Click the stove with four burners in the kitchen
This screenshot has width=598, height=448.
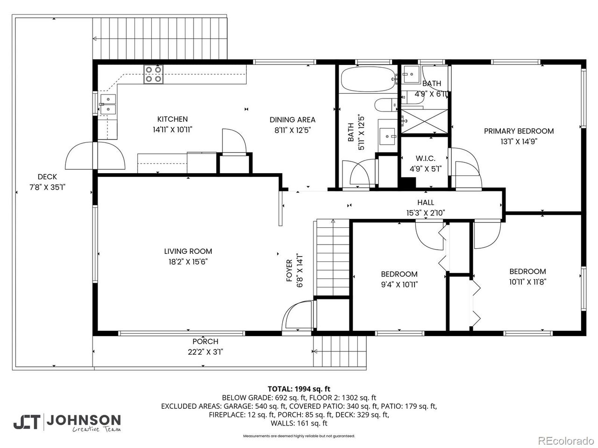point(154,74)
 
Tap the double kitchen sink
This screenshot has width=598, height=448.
point(108,104)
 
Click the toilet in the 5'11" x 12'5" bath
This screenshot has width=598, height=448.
point(386,106)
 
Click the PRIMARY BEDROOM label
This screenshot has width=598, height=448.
point(519,131)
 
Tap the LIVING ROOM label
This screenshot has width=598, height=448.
point(188,251)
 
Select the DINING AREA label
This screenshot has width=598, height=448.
point(292,119)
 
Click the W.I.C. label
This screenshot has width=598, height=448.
point(425,159)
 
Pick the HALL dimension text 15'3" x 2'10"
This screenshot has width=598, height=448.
point(425,213)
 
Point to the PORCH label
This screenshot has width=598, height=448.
point(205,342)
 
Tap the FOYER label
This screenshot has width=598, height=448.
point(289,271)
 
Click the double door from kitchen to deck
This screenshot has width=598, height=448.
point(95,156)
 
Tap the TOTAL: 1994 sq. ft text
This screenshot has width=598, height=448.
point(299,388)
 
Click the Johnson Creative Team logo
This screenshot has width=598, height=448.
point(67,422)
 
